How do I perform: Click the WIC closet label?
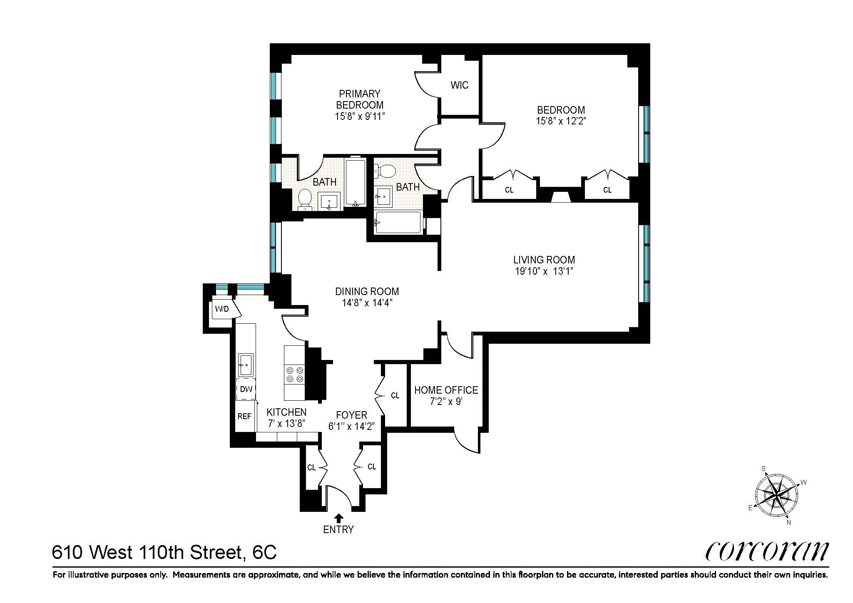point(459,85)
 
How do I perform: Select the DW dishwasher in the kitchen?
point(246,389)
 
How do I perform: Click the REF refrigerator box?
point(245,416)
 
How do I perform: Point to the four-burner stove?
point(294,374)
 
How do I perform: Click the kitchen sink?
point(246,365)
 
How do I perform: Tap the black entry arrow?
point(339,518)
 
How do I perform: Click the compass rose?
point(777,496)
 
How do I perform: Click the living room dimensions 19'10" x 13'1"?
point(544,271)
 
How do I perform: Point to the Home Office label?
point(446,390)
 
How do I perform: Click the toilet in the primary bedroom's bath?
point(306,199)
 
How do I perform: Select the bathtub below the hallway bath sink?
point(398,223)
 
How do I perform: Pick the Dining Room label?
point(367,291)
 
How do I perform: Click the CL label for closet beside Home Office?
point(395,395)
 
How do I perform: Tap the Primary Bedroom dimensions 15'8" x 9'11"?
point(359,117)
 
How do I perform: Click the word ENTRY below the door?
point(338,529)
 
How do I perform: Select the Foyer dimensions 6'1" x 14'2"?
point(352,426)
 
